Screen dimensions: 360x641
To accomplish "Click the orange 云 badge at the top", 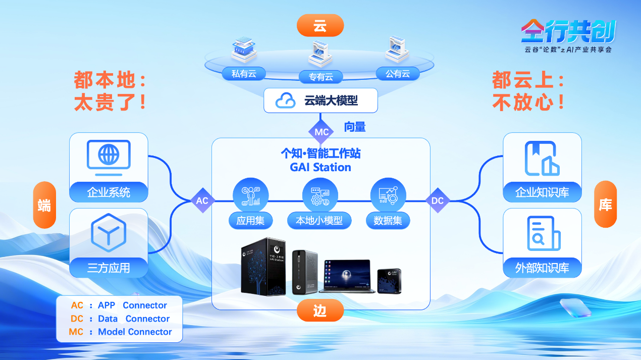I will (320, 26).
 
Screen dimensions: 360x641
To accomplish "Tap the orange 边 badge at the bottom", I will (320, 311).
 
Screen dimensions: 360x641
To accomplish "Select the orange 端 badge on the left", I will (44, 205).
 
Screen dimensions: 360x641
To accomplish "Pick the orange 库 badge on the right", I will (605, 204).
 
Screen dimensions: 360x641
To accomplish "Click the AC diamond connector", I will (202, 200).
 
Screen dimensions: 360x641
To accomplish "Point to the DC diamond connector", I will (437, 200).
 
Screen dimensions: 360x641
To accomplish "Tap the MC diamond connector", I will (322, 132).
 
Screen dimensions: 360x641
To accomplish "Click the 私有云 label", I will (244, 74).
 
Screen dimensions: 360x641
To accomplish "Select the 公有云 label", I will (398, 74).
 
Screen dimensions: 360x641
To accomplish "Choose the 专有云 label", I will (320, 77).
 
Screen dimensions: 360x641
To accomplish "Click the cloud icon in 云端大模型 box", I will (285, 100).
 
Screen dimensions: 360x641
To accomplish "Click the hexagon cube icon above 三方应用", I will (109, 233).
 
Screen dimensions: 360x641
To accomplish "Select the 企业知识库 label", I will (542, 192).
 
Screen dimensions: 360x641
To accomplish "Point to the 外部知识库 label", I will (542, 268).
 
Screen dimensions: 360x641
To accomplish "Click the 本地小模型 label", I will (319, 221).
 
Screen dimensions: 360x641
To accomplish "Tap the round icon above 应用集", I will (250, 195).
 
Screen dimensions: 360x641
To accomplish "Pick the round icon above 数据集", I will (388, 195).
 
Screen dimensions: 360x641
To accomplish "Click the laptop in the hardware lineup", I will (347, 276).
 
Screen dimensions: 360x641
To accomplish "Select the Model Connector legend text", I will (135, 332).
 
